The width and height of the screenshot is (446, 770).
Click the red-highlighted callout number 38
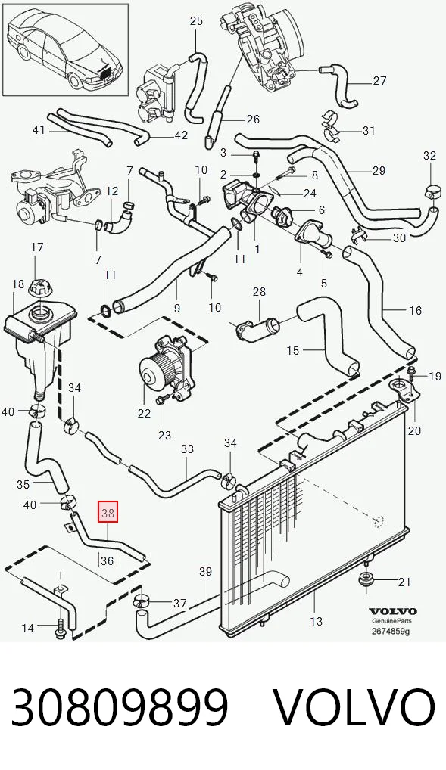tap(108, 513)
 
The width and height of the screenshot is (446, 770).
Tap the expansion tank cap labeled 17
tap(38, 287)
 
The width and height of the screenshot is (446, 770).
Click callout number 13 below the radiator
tap(316, 621)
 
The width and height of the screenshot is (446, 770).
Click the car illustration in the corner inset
tap(65, 49)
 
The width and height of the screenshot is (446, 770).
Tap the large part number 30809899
tap(120, 707)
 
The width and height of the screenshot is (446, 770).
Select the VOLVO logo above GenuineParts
tap(392, 611)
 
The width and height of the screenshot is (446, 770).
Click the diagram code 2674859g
tap(391, 632)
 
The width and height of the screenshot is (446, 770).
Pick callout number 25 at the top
tap(196, 20)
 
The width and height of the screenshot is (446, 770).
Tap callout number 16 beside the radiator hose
tap(415, 310)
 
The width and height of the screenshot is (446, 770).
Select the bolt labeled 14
tap(61, 627)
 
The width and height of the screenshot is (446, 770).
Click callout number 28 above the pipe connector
tap(259, 292)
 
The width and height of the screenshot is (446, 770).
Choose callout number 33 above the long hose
tap(187, 449)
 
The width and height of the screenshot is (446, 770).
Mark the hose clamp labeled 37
tap(142, 601)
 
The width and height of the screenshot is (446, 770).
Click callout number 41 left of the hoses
tap(39, 130)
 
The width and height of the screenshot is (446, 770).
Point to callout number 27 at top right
tap(379, 80)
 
